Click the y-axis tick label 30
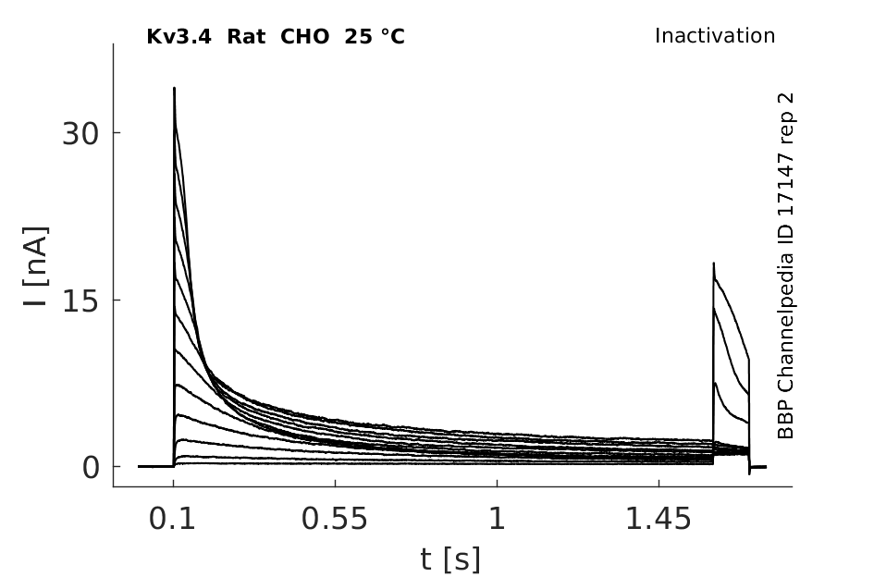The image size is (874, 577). point(80,133)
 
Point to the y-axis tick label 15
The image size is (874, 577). point(80,301)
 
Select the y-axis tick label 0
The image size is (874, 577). point(91,468)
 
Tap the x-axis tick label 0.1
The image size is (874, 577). point(172,519)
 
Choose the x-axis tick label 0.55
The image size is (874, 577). point(335,519)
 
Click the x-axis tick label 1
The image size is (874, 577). point(498,519)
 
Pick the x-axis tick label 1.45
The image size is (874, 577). point(659,519)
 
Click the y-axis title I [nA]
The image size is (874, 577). point(36,266)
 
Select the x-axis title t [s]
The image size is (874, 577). point(449,559)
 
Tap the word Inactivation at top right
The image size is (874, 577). point(715,36)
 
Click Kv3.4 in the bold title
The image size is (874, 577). point(178,37)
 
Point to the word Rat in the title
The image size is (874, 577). point(246,37)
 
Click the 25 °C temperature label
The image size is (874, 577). point(375,37)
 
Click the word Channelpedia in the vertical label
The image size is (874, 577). point(785,311)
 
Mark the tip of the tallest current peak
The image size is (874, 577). point(175,88)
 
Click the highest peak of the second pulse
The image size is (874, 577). point(713,264)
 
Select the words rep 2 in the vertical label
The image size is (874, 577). point(785,116)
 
